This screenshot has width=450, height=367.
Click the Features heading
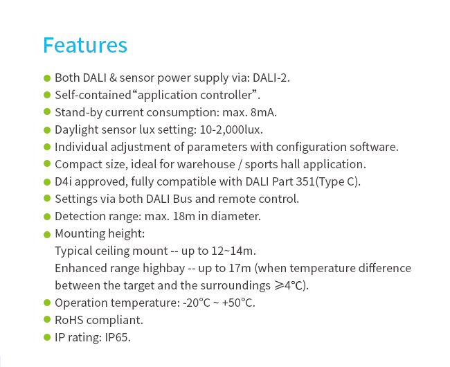pyautogui.click(x=85, y=45)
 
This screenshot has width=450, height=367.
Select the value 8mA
pyautogui.click(x=262, y=112)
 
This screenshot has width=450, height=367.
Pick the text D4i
pyautogui.click(x=63, y=181)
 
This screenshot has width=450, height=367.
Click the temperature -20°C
pyautogui.click(x=197, y=303)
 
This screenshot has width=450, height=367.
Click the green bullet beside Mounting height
pyautogui.click(x=47, y=235)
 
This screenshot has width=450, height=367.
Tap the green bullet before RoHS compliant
pyautogui.click(x=47, y=319)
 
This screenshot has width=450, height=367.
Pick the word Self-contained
pyautogui.click(x=93, y=95)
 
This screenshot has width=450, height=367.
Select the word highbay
pyautogui.click(x=164, y=269)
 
